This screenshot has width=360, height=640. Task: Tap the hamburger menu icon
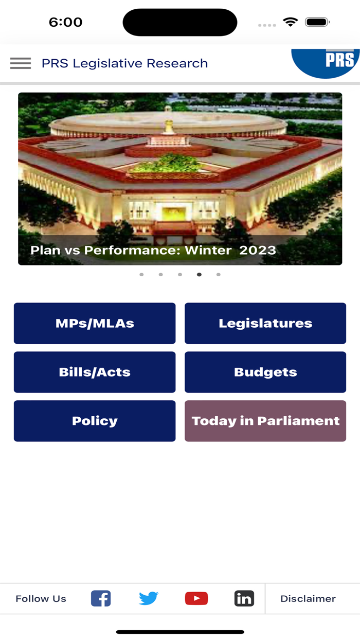click(21, 63)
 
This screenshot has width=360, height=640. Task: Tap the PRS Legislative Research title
click(124, 63)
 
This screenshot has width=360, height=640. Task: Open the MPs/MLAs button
click(95, 323)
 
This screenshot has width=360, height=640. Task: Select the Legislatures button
click(265, 323)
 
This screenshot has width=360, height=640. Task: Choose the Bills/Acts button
click(95, 372)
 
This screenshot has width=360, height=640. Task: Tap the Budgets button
click(265, 372)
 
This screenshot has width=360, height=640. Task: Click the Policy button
click(95, 421)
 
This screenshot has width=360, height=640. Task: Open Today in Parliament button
click(265, 421)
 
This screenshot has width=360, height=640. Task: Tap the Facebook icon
click(101, 598)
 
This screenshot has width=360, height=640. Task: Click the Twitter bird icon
click(148, 598)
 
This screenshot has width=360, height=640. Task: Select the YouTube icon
click(196, 598)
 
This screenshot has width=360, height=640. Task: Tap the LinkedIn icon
click(244, 598)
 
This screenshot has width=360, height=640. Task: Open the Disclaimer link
click(308, 598)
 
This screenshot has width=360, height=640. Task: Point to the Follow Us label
click(41, 598)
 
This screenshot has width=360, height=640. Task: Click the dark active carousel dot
click(199, 274)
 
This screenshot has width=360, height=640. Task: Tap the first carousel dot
click(141, 274)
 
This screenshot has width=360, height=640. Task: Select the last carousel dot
click(219, 274)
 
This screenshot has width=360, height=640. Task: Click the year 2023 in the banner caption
click(258, 251)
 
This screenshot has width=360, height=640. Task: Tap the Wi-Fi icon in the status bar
click(291, 22)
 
